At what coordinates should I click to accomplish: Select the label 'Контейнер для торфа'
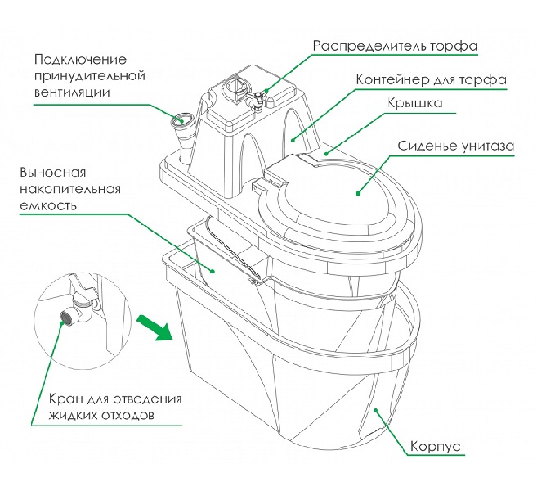431,81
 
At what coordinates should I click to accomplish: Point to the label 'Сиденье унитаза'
455,146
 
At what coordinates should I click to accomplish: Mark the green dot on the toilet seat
357,193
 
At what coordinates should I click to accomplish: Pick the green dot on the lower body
374,408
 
